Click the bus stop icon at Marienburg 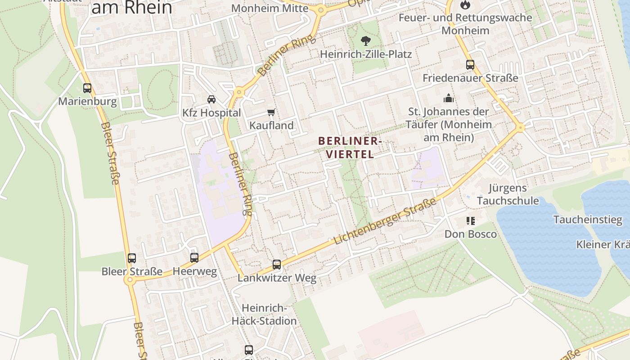point(87,88)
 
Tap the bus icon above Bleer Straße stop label point(131,258)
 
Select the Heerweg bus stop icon point(194,258)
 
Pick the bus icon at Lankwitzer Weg point(277,265)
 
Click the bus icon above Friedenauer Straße point(470,65)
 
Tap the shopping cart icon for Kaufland point(271,112)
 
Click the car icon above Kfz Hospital point(211,99)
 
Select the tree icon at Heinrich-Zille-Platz point(365,41)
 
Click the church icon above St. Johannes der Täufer point(449,98)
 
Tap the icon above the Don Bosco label point(471,221)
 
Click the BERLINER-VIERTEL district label point(350,148)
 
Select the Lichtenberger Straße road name point(385,221)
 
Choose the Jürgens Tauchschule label point(508,194)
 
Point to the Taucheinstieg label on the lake point(581,220)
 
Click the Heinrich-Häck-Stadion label point(264,315)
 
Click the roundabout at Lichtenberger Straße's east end point(521,128)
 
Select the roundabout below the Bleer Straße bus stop point(130,280)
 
